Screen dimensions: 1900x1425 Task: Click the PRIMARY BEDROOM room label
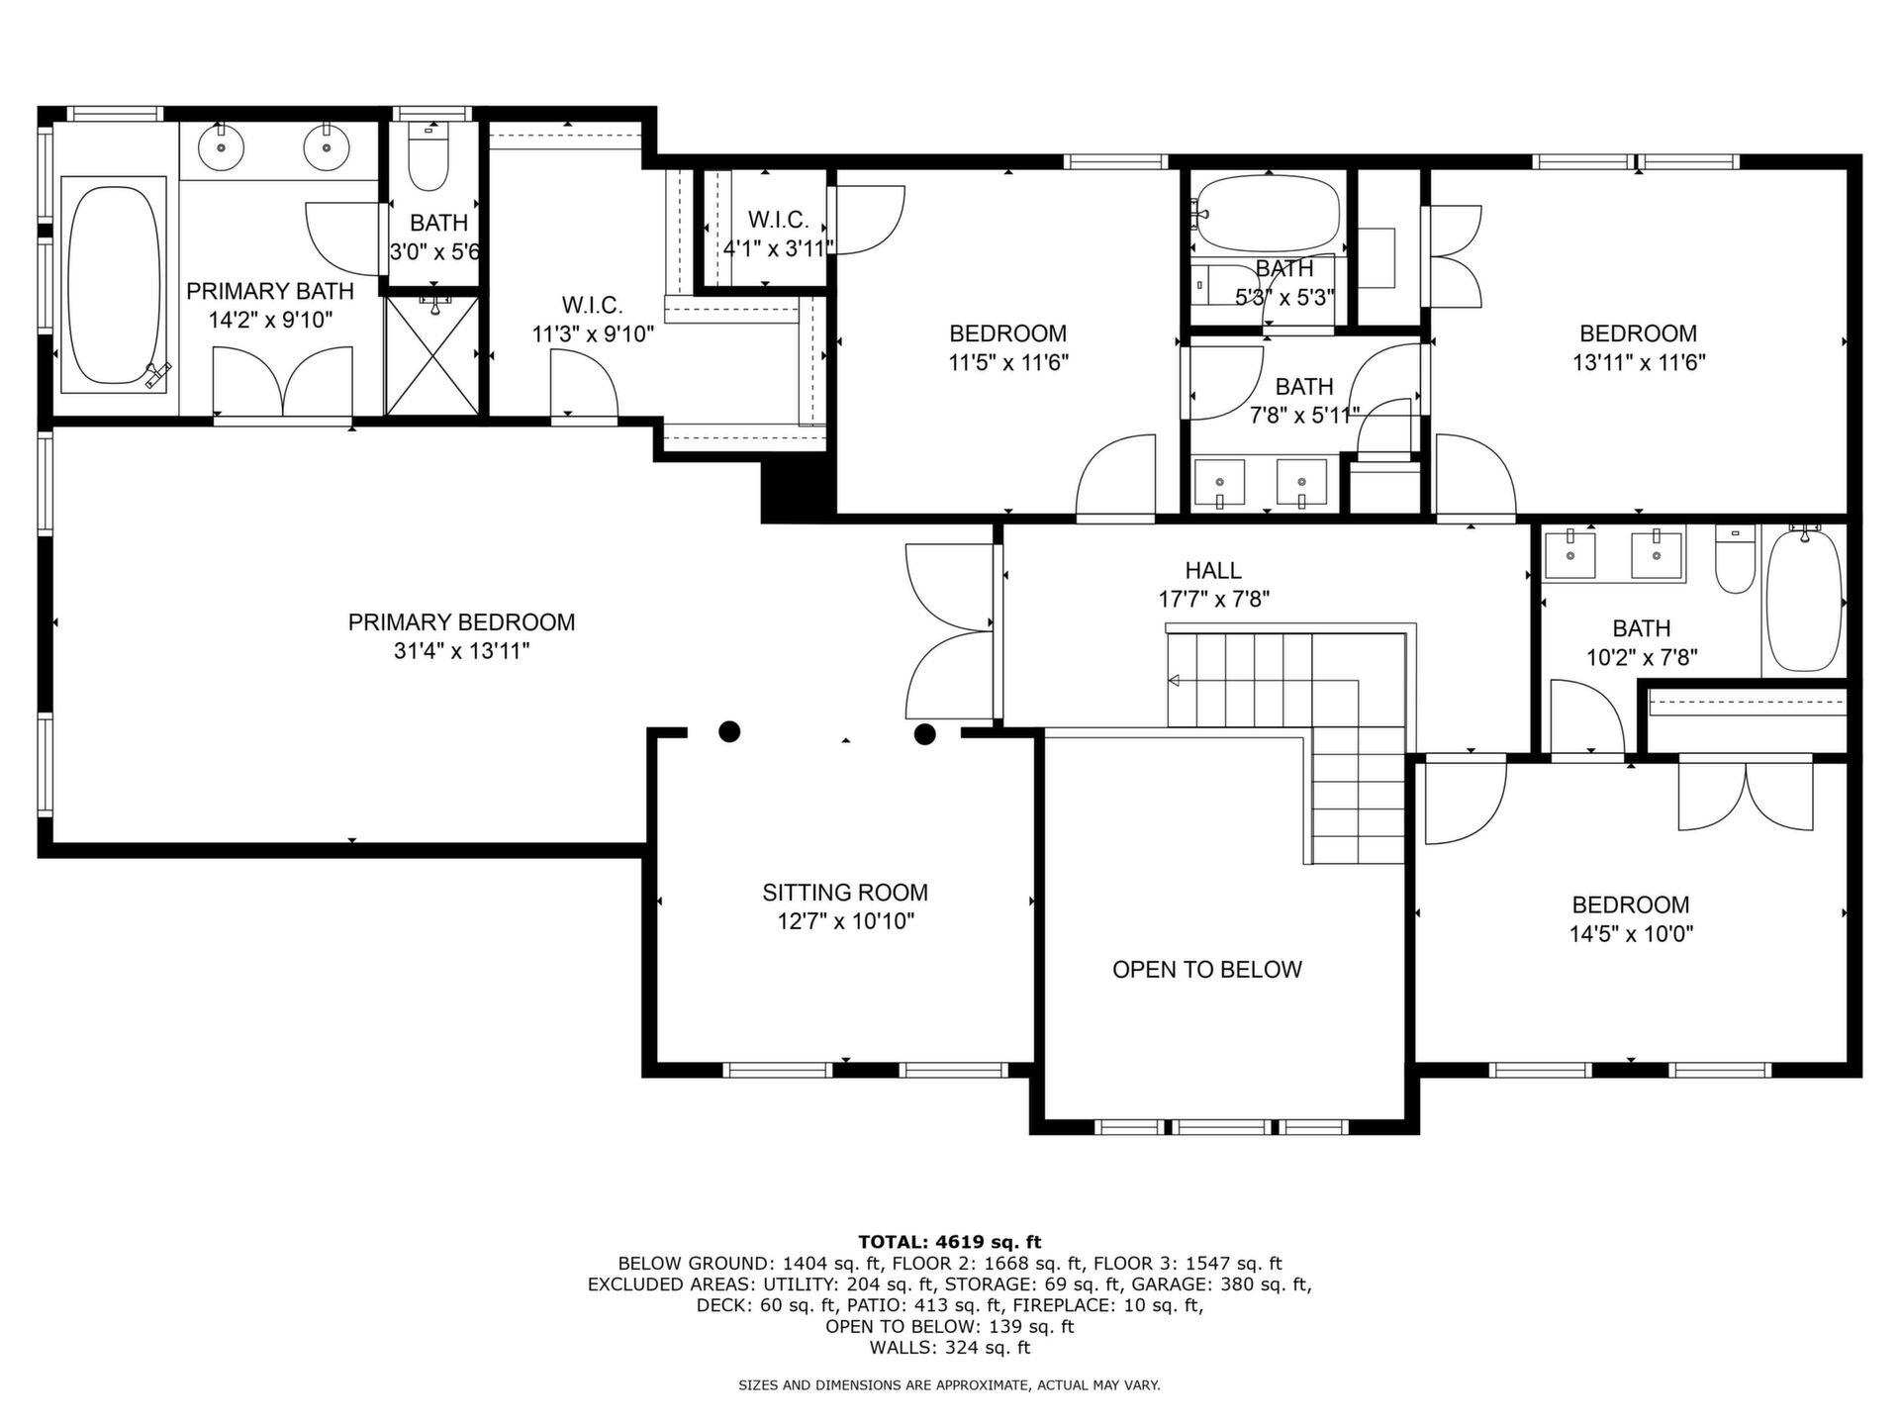coord(461,622)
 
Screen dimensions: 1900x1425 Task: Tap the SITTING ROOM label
coord(845,893)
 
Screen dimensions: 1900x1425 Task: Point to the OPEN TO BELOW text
coord(1207,970)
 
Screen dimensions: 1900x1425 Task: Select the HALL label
coord(1213,570)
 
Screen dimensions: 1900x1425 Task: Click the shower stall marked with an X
coord(431,354)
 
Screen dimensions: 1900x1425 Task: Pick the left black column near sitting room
coord(729,732)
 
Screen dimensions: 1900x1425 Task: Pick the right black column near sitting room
coord(924,734)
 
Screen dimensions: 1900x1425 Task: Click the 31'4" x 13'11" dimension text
coord(461,651)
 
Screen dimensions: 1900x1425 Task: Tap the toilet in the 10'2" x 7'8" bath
coord(1735,561)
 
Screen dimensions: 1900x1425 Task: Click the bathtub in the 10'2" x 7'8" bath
coord(1804,601)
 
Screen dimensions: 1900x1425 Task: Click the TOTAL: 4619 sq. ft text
coord(949,1242)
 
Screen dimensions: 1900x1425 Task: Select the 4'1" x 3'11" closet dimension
coord(778,248)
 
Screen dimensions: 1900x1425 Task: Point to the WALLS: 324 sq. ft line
coord(950,1348)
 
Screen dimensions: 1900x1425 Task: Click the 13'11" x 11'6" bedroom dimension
coord(1639,362)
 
